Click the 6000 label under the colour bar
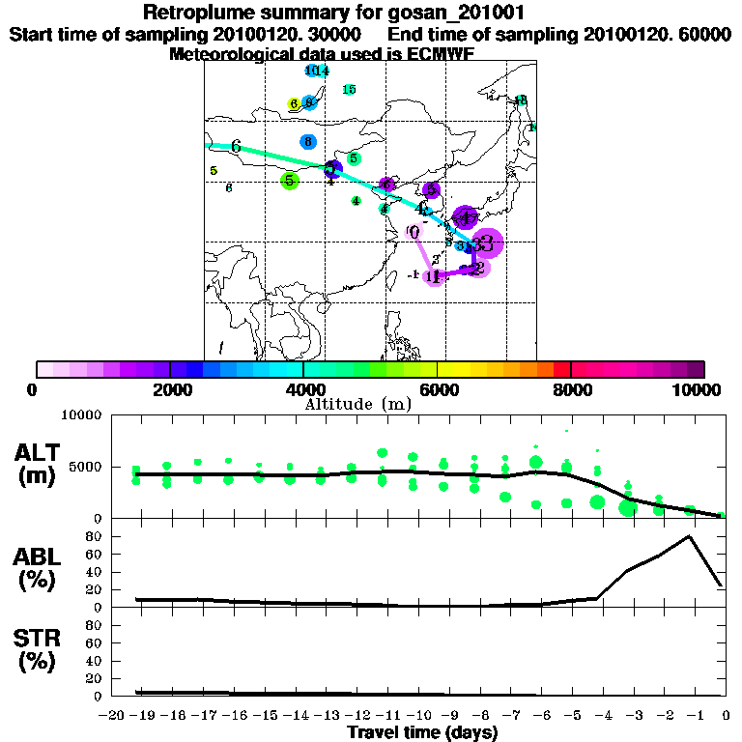point(437,389)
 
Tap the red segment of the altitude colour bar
point(562,369)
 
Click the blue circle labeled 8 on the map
point(307,141)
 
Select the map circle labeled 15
point(349,90)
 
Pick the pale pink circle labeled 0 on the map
point(414,232)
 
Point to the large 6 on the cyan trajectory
point(236,147)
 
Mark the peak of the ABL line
point(689,536)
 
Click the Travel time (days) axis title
point(422,732)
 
